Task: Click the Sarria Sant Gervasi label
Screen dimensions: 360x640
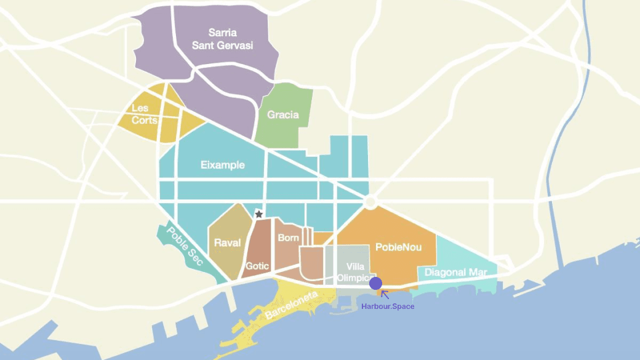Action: click(222, 39)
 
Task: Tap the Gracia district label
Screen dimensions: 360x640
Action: click(283, 114)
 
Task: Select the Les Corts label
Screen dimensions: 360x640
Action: click(145, 114)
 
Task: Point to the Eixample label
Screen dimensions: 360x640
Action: click(223, 165)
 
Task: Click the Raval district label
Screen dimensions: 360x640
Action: click(227, 242)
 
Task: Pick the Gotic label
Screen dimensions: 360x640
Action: click(257, 266)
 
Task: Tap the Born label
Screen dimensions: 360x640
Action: click(289, 238)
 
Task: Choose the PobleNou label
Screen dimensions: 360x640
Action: click(399, 247)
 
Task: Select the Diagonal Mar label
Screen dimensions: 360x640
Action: click(456, 273)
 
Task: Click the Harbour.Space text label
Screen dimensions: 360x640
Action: click(388, 306)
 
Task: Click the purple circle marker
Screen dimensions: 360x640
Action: click(375, 283)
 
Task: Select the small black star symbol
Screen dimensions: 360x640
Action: click(259, 214)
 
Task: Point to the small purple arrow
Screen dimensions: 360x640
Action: click(385, 295)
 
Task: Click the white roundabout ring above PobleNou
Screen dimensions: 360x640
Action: click(370, 202)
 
